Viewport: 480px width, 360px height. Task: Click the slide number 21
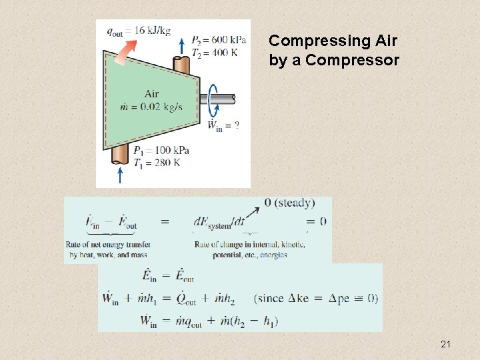coord(446,344)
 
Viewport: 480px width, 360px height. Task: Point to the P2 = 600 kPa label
coord(218,39)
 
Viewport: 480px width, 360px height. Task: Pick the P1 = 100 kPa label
coord(161,150)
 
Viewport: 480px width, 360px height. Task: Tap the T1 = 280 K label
coord(157,163)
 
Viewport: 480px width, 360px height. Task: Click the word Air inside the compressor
coord(151,94)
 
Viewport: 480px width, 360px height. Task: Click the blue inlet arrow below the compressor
coord(120,175)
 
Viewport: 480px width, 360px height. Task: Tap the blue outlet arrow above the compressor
coord(182,45)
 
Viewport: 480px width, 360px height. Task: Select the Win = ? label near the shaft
coord(223,125)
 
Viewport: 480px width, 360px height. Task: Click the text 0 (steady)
coord(289,203)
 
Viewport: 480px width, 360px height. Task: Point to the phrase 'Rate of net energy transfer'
coord(108,245)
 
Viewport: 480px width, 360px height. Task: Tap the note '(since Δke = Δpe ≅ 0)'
coord(316,297)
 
